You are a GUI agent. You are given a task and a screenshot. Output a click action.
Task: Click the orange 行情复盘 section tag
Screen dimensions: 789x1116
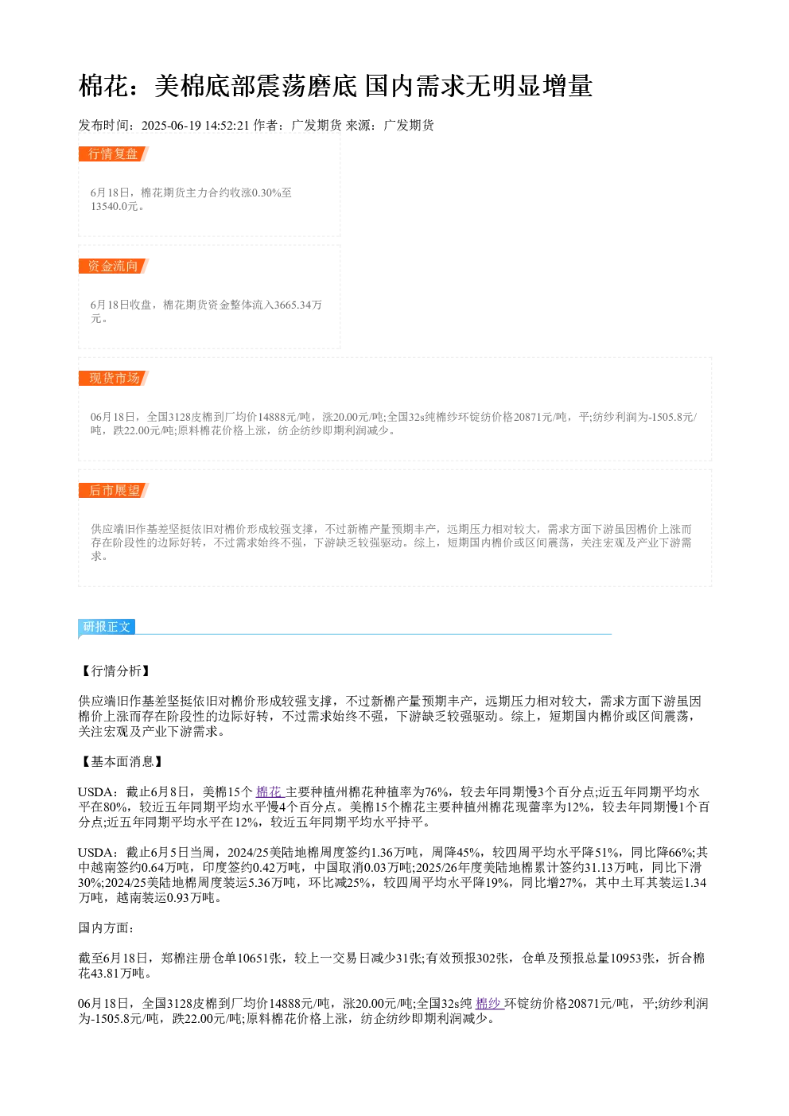pyautogui.click(x=113, y=154)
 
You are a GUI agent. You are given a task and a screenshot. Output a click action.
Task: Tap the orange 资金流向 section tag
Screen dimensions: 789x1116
pyautogui.click(x=113, y=266)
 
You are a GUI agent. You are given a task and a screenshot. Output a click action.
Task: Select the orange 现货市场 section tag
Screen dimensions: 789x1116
pyautogui.click(x=114, y=378)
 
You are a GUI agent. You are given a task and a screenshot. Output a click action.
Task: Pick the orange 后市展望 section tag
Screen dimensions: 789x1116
pyautogui.click(x=114, y=490)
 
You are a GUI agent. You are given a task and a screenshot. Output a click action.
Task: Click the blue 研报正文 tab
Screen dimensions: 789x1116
pyautogui.click(x=107, y=627)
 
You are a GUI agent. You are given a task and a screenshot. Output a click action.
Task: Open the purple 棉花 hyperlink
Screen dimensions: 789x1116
pyautogui.click(x=270, y=791)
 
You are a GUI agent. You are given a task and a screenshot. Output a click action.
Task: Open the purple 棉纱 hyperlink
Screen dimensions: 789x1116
pyautogui.click(x=490, y=1003)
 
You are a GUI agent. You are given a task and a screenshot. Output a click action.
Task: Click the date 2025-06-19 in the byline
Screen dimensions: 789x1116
pyautogui.click(x=171, y=125)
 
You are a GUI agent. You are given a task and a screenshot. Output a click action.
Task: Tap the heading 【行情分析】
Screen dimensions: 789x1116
pyautogui.click(x=115, y=671)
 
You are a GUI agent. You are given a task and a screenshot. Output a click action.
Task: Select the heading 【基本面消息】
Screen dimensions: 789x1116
pyautogui.click(x=122, y=761)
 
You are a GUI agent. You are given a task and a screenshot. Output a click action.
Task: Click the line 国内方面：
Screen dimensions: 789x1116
pyautogui.click(x=106, y=927)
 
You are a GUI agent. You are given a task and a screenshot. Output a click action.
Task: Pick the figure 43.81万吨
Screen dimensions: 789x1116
pyautogui.click(x=118, y=973)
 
